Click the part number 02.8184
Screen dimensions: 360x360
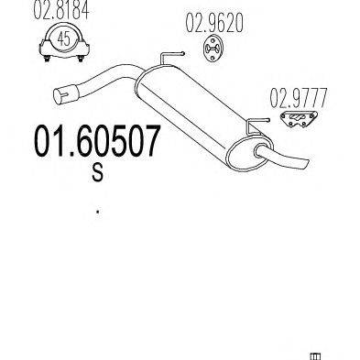61,11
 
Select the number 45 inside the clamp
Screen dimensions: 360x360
64,38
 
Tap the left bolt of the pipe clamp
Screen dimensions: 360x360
47,59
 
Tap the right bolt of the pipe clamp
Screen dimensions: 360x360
81,59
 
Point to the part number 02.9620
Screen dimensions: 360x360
214,24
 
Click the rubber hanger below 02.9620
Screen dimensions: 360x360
213,49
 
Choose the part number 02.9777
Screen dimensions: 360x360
299,97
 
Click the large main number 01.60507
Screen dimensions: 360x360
97,140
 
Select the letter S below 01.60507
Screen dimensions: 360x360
98,173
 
